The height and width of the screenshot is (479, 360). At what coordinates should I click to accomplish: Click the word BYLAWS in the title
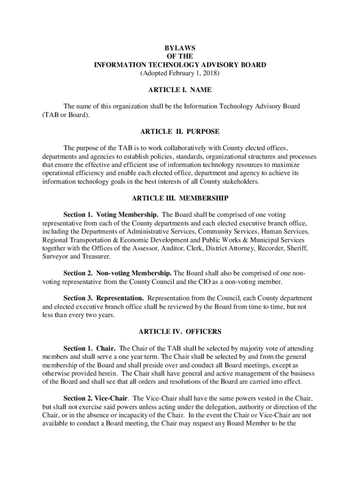(x=180, y=48)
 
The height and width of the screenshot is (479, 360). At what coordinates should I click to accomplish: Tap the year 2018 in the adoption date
(x=209, y=73)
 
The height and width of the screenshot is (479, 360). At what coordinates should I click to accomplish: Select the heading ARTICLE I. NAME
(x=180, y=90)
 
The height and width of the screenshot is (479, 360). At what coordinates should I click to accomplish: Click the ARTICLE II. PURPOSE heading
(x=180, y=131)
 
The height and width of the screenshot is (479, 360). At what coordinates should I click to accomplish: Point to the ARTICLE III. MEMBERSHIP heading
(x=180, y=198)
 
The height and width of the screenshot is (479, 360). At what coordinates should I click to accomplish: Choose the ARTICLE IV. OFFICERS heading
(x=180, y=332)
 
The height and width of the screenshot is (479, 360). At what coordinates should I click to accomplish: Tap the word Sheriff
(x=298, y=248)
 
